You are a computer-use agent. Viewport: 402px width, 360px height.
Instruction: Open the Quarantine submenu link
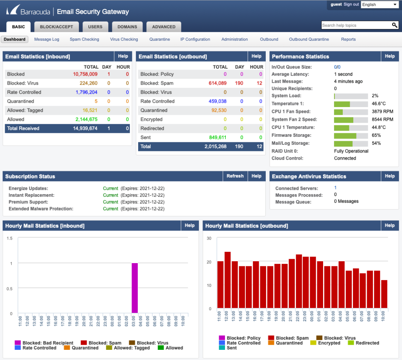[x=159, y=39]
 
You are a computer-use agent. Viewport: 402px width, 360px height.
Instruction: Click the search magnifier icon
[x=395, y=25]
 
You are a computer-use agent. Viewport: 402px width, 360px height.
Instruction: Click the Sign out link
[x=351, y=4]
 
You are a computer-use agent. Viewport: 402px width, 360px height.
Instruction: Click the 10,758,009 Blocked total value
[x=85, y=74]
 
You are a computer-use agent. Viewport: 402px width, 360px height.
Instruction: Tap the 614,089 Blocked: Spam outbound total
[x=217, y=83]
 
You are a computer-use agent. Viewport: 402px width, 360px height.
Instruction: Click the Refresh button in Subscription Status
[x=235, y=176]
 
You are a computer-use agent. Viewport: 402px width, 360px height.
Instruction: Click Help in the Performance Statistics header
[x=389, y=56]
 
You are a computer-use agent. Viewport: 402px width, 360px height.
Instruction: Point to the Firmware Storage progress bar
[x=351, y=135]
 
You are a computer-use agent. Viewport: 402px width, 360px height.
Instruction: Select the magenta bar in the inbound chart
[x=135, y=288]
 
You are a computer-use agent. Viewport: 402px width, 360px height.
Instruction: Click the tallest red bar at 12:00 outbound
[x=227, y=280]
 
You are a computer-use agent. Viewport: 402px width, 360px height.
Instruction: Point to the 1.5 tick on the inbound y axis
[x=10, y=238]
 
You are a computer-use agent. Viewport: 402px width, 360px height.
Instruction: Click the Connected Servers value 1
[x=335, y=188]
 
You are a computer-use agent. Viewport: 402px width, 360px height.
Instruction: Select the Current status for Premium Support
[x=110, y=202]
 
